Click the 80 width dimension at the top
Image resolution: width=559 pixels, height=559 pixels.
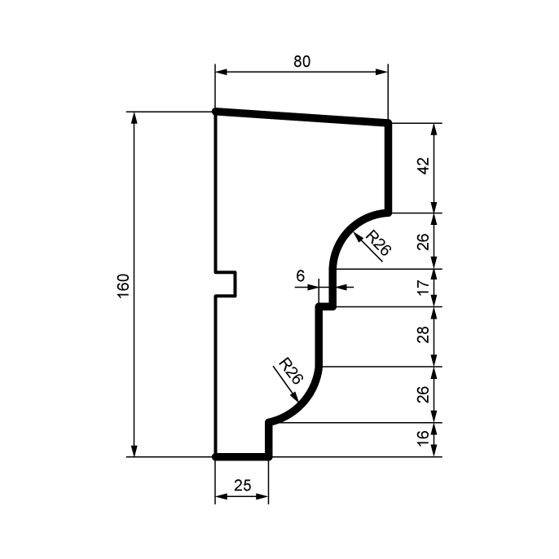point(302,62)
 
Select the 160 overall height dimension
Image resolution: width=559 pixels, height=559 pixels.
point(123,286)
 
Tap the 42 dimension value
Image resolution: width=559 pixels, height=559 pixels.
point(424,165)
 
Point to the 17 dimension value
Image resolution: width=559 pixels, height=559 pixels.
point(424,288)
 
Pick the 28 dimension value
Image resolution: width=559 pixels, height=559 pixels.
point(424,334)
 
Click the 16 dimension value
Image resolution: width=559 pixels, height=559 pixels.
point(424,438)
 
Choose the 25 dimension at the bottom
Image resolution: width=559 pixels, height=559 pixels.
point(243,486)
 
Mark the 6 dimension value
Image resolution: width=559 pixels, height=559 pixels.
point(301,275)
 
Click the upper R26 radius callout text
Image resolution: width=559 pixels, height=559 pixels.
point(379,243)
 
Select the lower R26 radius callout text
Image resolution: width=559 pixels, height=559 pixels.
point(291,371)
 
